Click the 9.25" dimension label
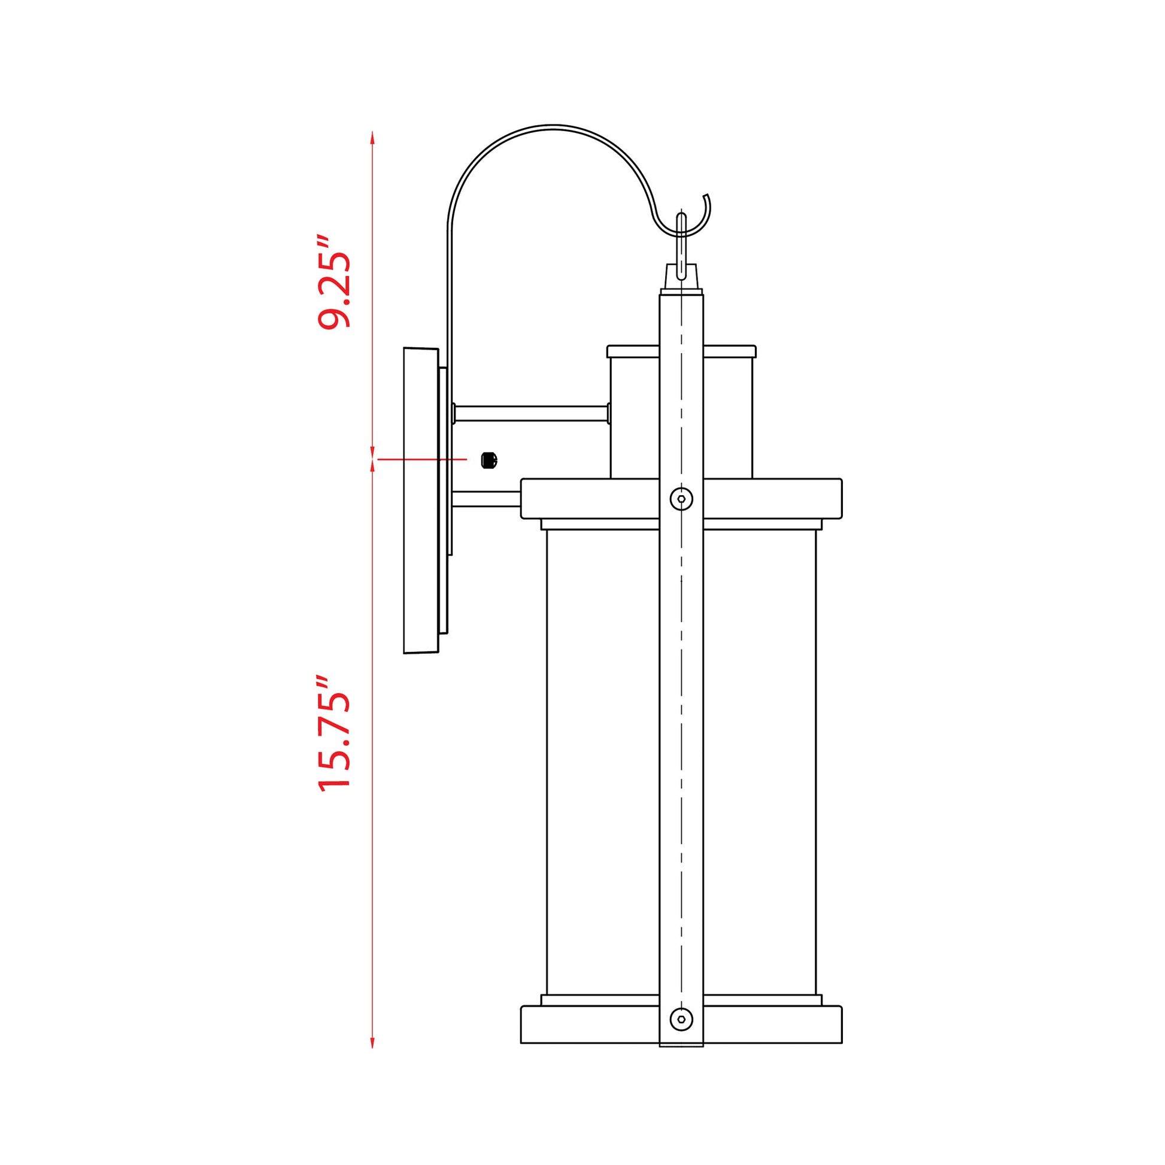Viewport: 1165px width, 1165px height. coord(334,281)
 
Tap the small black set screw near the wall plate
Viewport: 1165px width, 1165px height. coord(489,460)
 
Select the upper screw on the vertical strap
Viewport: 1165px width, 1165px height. coord(681,499)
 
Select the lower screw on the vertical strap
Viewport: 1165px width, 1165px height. coord(681,1020)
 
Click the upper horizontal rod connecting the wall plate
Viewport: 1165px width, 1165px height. coord(531,413)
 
